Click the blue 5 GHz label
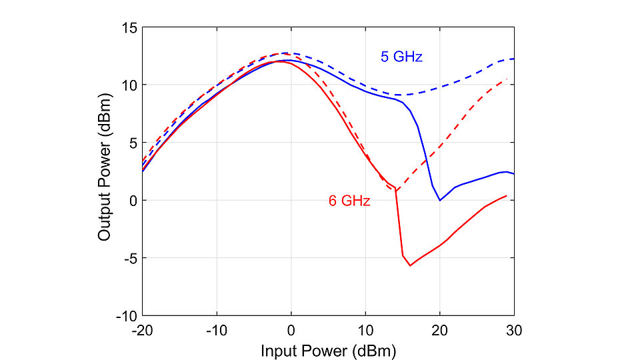(x=401, y=57)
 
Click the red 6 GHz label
(x=349, y=201)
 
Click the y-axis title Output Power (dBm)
(x=105, y=171)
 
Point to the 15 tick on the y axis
(x=129, y=28)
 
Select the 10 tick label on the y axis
(x=129, y=85)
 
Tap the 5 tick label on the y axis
(x=133, y=143)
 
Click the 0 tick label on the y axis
(x=133, y=200)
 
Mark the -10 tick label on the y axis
(x=127, y=315)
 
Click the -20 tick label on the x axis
(x=142, y=330)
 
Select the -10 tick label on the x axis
(x=217, y=330)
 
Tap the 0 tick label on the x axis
(x=291, y=330)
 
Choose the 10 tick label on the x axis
(x=365, y=330)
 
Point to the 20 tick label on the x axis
(x=439, y=330)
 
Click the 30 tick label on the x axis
(x=514, y=330)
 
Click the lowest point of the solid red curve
(x=410, y=265)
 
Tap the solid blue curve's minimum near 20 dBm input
(x=440, y=200)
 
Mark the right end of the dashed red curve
(x=507, y=79)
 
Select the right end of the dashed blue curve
(x=514, y=59)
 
